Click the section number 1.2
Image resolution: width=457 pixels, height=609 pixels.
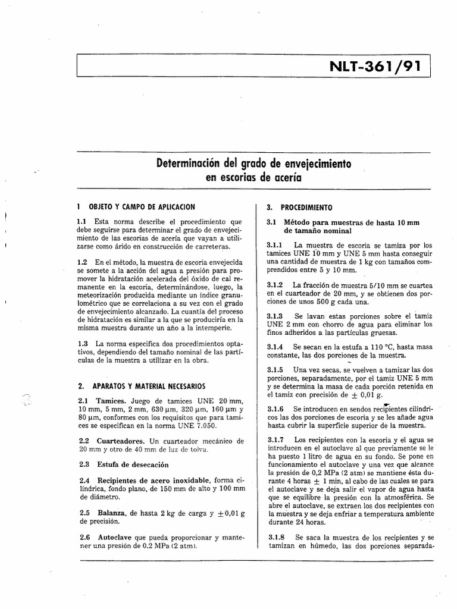tap(83, 262)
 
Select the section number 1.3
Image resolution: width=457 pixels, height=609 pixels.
tap(83, 344)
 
